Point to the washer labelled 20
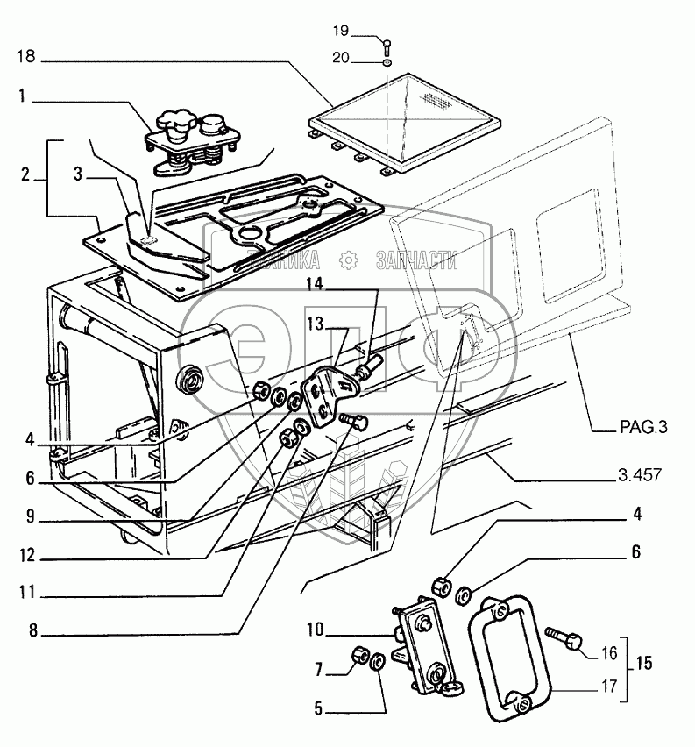tap(387, 62)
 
